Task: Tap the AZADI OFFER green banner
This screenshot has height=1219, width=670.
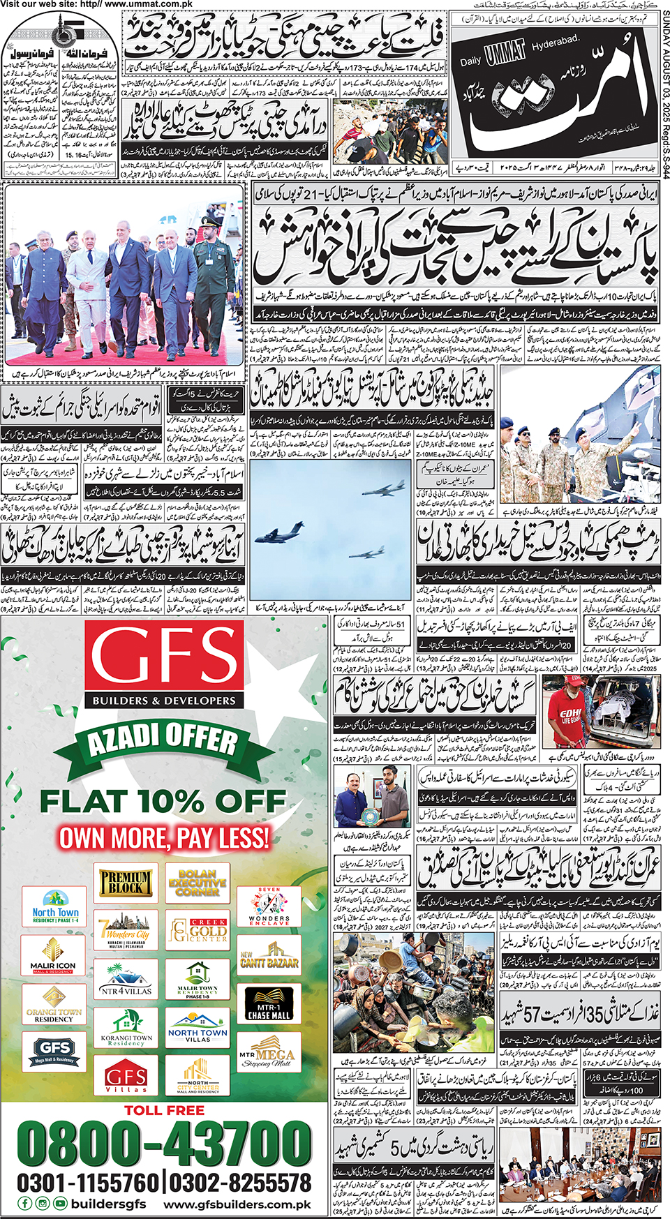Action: (164, 742)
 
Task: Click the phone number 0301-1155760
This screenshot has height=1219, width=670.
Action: (89, 1183)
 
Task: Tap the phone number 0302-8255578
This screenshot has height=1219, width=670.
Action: (240, 1183)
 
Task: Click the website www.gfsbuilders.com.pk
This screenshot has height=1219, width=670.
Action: (237, 1204)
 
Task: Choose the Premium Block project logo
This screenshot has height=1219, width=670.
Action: (126, 882)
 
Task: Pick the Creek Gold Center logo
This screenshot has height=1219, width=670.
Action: (198, 930)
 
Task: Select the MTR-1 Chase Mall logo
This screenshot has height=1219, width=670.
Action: (269, 1005)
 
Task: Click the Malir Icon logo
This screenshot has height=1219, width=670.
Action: (53, 956)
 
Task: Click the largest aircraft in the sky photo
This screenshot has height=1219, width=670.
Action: (279, 536)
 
